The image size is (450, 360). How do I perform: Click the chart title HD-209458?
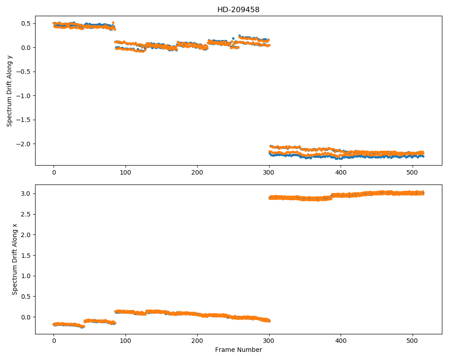[x=238, y=10]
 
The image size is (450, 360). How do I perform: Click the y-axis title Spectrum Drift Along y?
[x=9, y=90]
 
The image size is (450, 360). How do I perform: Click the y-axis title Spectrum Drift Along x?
[x=15, y=259]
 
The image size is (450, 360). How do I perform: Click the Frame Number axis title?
[x=238, y=350]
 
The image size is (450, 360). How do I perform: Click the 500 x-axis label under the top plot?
[x=413, y=172]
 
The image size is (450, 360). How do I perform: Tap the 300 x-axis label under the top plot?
[x=269, y=172]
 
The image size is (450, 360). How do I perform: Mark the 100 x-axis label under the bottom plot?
[x=126, y=341]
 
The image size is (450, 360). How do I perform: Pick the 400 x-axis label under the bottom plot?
[x=341, y=341]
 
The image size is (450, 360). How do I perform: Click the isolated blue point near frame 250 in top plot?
[x=233, y=38]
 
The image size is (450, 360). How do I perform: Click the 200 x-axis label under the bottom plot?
[x=197, y=341]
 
